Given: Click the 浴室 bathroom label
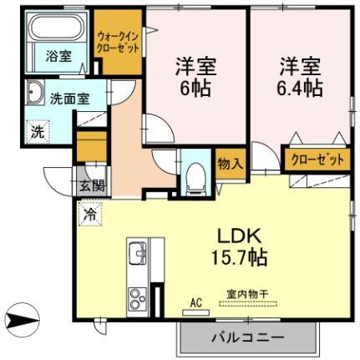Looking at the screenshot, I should click(57, 57).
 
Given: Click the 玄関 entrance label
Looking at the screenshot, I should click(92, 186).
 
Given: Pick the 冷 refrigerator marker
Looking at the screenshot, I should click(89, 215).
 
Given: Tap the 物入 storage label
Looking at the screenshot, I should click(230, 162).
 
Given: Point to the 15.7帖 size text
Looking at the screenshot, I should click(237, 258).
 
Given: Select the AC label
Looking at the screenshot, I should click(196, 302).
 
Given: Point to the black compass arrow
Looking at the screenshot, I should click(23, 319).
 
